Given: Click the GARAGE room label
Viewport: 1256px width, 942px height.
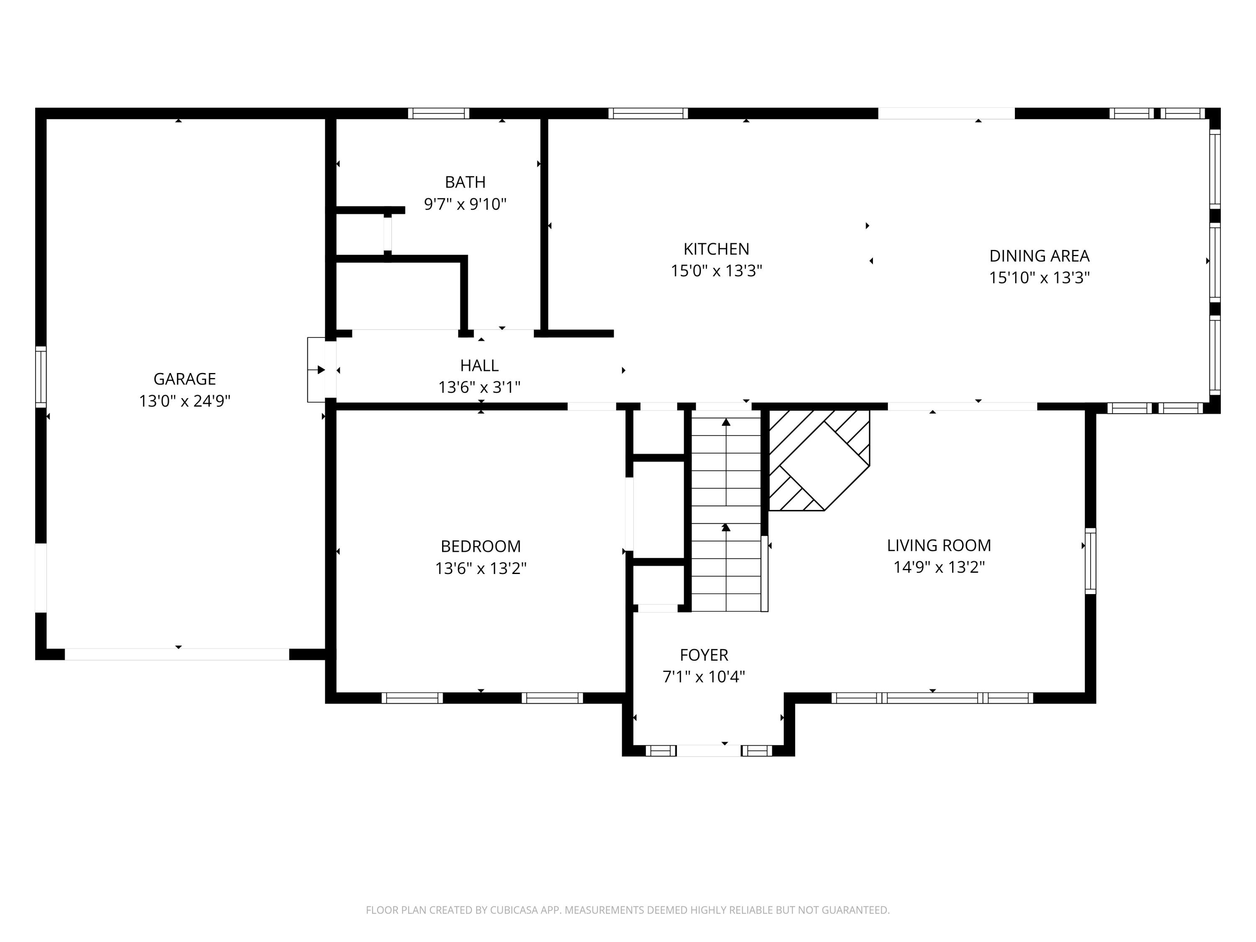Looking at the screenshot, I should click(185, 379).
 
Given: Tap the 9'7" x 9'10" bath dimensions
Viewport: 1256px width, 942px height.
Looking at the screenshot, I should click(465, 204).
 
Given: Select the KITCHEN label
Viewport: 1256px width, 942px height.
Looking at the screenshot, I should click(716, 249).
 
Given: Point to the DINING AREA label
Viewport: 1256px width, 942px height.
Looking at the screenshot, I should click(1039, 256).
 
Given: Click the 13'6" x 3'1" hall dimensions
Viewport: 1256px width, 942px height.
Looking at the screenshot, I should click(479, 387).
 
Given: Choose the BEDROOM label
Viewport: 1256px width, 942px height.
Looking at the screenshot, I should click(480, 546).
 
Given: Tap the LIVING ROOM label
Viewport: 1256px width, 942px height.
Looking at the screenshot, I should click(939, 545).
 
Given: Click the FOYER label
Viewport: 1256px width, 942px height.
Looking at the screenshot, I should click(703, 655).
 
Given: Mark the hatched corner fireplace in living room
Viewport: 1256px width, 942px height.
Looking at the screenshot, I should click(818, 460).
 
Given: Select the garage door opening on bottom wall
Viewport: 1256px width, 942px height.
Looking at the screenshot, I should click(177, 654).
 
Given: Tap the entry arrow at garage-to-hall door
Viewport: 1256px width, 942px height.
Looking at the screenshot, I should click(321, 370).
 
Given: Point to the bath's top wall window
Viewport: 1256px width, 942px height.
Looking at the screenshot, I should click(438, 113).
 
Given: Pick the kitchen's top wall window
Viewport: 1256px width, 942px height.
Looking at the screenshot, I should click(648, 113).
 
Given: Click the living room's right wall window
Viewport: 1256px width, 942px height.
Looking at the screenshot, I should click(1090, 561).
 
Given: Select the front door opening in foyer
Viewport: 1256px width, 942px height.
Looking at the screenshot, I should click(709, 751).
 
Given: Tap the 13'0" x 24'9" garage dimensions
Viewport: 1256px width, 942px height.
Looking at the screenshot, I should click(185, 401).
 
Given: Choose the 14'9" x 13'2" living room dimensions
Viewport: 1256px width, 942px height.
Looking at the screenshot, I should click(939, 567).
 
